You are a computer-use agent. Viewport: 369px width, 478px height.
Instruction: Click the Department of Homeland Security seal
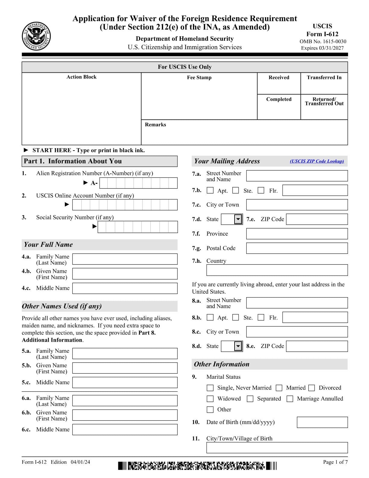coord(36,37)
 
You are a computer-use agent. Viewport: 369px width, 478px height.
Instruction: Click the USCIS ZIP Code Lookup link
coord(317,161)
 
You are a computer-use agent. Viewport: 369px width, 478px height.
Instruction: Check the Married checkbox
coord(279,388)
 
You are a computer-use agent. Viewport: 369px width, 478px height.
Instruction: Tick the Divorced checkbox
coord(312,388)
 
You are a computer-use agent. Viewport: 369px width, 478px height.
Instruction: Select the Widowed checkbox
coord(210,399)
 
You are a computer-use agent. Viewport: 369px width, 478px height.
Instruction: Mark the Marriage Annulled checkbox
coord(290,399)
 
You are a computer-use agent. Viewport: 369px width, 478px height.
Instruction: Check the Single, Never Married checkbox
coord(210,388)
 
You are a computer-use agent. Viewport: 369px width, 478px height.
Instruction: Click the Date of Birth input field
coord(322,422)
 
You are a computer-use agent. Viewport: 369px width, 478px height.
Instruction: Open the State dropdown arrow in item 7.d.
coord(238,219)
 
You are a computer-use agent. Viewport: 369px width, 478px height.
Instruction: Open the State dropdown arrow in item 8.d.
coord(238,346)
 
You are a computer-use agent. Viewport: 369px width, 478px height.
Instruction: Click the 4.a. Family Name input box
coord(125,259)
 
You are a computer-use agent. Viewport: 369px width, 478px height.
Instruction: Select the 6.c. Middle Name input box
coord(125,429)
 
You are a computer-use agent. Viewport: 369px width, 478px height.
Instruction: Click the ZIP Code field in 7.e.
coord(317,219)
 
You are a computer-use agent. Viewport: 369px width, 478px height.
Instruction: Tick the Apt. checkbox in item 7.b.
coord(210,190)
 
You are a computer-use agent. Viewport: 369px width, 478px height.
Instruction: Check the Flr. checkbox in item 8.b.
coord(261,317)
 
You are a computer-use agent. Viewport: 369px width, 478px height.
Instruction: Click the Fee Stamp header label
coord(199,78)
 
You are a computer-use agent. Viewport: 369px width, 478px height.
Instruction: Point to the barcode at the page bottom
coord(197,466)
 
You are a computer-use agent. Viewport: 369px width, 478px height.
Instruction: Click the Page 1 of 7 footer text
coord(335,462)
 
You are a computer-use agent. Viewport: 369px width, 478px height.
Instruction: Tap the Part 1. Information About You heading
coord(73,161)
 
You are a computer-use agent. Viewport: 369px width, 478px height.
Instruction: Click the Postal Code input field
coord(297,248)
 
